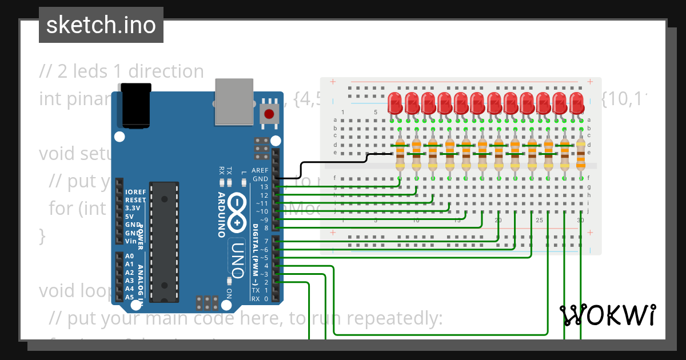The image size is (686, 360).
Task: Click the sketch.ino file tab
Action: tap(101, 25)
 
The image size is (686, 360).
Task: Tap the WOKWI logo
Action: tap(607, 315)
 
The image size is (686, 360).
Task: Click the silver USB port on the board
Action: tap(234, 101)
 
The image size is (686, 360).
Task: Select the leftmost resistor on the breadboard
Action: tap(400, 154)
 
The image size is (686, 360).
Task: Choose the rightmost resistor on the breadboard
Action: tap(581, 154)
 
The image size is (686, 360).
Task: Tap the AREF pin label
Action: tap(260, 170)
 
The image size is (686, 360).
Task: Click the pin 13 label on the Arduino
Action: tap(264, 187)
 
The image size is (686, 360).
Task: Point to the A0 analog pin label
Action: tap(130, 257)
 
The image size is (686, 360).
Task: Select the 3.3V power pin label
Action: tap(132, 209)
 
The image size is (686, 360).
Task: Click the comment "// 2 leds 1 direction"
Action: tap(121, 71)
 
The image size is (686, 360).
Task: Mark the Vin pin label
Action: tap(131, 241)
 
